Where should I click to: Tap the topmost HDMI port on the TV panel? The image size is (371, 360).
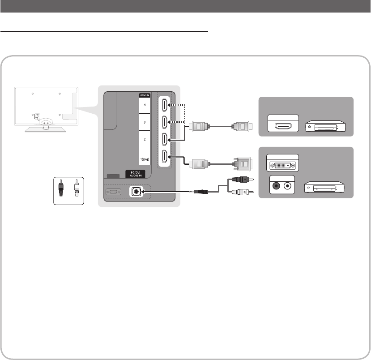coord(164,106)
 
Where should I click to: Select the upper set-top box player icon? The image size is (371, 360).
coord(325,127)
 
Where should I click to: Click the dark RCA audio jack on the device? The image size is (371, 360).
coord(274,185)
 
